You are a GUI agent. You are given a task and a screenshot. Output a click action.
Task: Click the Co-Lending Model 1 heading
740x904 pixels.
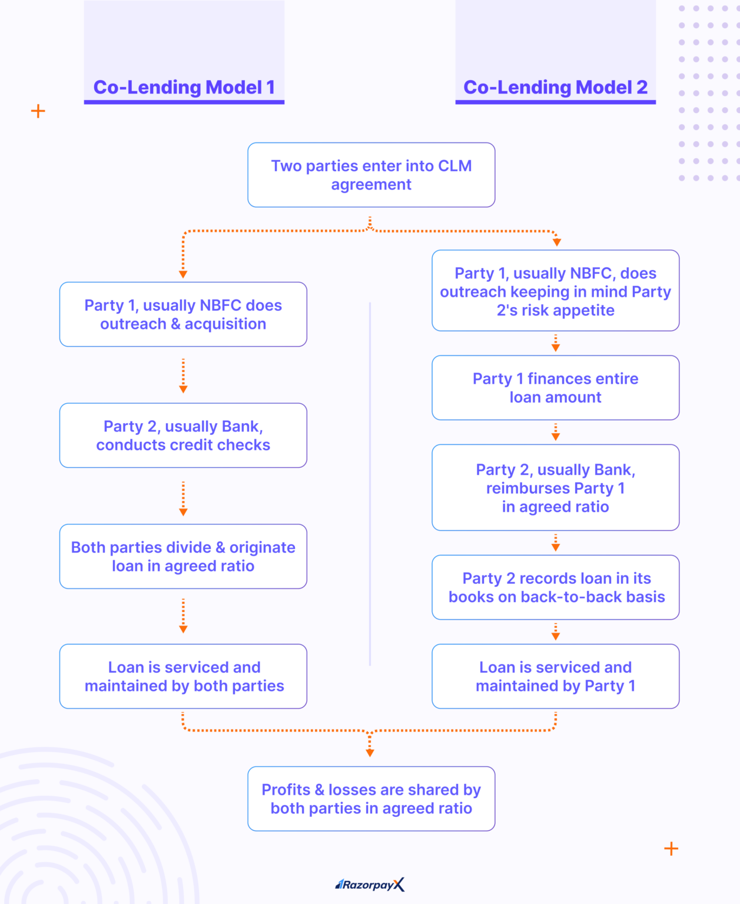click(184, 87)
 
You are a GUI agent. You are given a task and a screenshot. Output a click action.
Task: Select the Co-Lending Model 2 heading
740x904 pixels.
click(555, 87)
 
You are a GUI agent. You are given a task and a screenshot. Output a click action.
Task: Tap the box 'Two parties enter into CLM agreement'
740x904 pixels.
click(371, 175)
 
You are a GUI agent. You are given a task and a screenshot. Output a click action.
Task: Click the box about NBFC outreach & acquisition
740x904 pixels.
click(183, 314)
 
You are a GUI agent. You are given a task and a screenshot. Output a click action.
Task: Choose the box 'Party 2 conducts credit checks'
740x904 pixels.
click(183, 436)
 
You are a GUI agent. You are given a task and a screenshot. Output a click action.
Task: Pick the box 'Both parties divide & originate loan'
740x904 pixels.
click(183, 556)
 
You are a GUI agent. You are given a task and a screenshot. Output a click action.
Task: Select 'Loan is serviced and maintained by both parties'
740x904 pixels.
click(183, 676)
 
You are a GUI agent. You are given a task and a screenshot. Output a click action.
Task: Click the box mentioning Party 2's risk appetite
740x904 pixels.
click(555, 291)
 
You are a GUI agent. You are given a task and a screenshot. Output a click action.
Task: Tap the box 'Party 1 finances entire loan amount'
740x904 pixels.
click(555, 388)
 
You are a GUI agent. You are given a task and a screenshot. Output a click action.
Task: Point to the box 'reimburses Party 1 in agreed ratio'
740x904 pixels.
click(555, 487)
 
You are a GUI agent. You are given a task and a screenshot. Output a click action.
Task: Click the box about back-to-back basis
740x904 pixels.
click(555, 587)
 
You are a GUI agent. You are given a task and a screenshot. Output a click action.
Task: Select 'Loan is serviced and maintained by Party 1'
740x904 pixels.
click(555, 676)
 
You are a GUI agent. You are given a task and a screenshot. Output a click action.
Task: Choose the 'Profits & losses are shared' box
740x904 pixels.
click(371, 799)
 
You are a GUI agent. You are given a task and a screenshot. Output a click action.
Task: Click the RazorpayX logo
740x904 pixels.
click(370, 885)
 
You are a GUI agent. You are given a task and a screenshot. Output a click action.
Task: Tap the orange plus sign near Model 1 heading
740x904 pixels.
click(38, 111)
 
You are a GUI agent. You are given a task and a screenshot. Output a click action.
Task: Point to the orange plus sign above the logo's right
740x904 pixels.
click(671, 849)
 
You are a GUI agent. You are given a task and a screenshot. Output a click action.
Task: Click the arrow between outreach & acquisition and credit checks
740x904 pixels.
click(183, 375)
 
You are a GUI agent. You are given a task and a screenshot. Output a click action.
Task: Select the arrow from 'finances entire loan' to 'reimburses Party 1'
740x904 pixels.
click(555, 432)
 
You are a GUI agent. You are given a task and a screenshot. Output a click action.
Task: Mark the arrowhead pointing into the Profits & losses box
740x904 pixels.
click(370, 753)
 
